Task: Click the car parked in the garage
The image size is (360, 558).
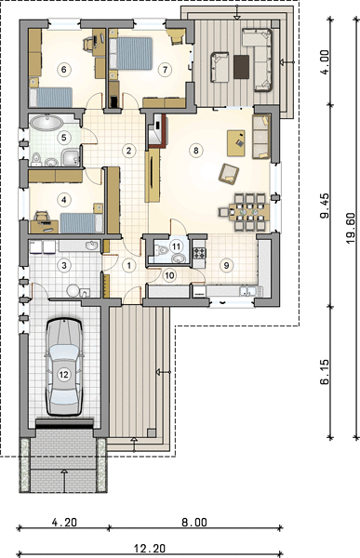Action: (x=64, y=367)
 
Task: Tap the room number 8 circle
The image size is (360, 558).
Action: (x=196, y=150)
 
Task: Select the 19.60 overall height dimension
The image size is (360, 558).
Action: (x=351, y=229)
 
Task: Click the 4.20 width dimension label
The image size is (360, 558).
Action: (x=64, y=522)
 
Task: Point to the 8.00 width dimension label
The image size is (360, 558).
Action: (x=194, y=522)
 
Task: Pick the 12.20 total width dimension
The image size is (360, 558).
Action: (x=150, y=549)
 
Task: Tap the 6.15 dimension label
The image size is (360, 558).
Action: (x=325, y=372)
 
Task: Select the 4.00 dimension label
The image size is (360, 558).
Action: (x=325, y=62)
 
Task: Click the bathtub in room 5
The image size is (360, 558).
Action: (x=47, y=123)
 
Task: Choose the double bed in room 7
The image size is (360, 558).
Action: (x=131, y=53)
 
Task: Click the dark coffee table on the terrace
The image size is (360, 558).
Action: (x=242, y=67)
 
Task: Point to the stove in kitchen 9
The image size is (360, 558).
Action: (x=200, y=253)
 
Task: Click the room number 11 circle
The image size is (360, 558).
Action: (x=176, y=246)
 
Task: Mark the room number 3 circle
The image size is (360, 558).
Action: (x=64, y=265)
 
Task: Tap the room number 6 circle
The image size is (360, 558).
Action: (x=64, y=69)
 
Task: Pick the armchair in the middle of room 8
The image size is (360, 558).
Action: (x=229, y=174)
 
